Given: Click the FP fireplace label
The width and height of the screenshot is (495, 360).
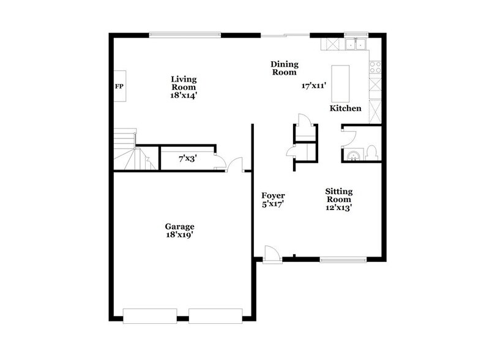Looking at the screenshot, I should click(119, 86).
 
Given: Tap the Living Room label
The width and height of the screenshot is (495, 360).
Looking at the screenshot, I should click(183, 83).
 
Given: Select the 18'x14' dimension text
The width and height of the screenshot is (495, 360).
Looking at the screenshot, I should click(183, 96).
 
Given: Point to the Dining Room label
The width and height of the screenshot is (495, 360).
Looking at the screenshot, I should click(284, 67).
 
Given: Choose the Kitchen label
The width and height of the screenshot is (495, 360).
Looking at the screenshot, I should click(346, 108).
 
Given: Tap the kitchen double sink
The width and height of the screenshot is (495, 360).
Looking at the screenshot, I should click(354, 44).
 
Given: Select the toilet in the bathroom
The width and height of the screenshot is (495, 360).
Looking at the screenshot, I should click(371, 154).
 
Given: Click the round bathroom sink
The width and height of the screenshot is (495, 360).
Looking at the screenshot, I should click(352, 157).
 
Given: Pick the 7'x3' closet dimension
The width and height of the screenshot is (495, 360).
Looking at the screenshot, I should click(187, 159).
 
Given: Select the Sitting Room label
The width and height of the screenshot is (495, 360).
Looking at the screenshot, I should click(338, 195).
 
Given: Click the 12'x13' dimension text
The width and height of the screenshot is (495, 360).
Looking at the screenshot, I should click(338, 208).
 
